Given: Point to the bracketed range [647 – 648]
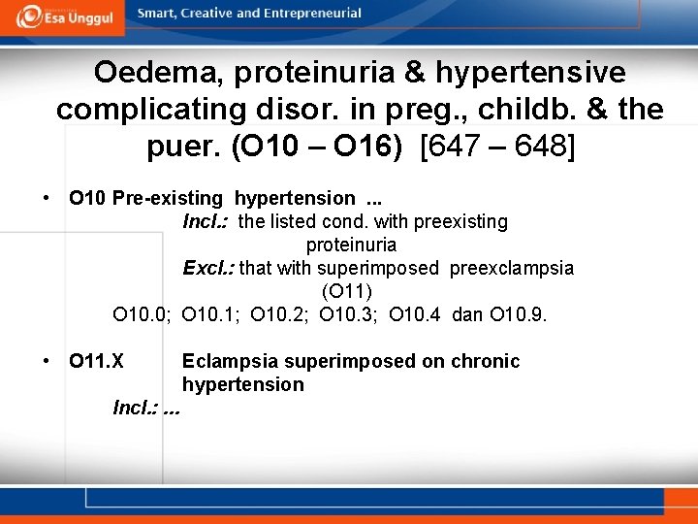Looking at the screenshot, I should click(496, 147).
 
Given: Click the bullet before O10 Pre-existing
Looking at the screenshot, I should click(47, 198).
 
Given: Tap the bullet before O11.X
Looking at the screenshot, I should click(47, 361).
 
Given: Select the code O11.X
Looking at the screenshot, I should click(96, 361).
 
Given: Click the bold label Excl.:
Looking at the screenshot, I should click(208, 268).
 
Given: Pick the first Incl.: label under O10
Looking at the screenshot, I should click(206, 221).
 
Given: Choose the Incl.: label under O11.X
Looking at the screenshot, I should click(136, 408).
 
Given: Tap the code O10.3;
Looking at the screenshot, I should click(348, 314).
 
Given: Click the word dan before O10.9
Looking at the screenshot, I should click(467, 314).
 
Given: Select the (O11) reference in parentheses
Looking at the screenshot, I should click(347, 291).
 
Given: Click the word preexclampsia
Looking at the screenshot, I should click(511, 268).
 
